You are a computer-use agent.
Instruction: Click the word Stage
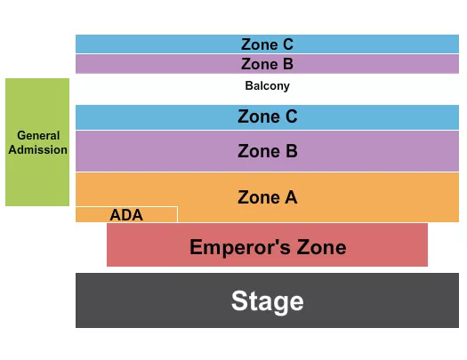click(267, 301)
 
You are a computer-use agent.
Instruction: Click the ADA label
click(126, 215)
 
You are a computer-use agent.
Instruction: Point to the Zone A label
click(267, 197)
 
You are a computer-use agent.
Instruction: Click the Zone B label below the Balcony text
click(267, 151)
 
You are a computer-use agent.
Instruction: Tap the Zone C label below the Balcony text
click(267, 116)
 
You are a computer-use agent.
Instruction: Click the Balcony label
click(267, 86)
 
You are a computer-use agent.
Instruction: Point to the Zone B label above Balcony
click(267, 64)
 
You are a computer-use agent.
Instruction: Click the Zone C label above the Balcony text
click(267, 44)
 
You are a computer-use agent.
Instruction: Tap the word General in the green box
click(37, 136)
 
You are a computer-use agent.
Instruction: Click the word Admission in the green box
click(37, 149)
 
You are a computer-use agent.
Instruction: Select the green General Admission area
click(37, 178)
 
